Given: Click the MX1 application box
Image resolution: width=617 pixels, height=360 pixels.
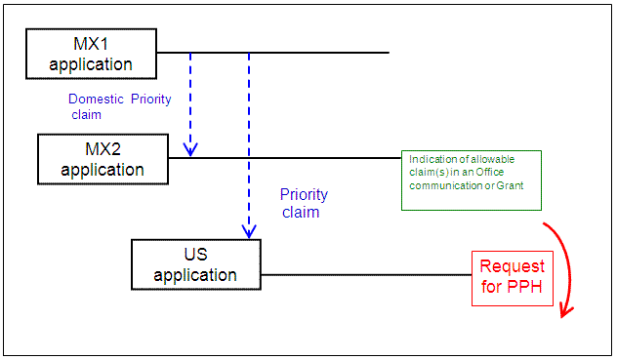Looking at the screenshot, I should click(x=91, y=54).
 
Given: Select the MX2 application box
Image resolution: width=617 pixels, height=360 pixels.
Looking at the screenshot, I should click(x=102, y=158).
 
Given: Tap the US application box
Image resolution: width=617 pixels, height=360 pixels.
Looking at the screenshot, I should click(x=196, y=263).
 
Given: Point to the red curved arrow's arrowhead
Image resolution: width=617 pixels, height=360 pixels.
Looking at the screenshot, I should click(x=565, y=310).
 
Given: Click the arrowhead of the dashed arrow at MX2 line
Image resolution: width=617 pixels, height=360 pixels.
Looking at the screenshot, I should click(x=190, y=149).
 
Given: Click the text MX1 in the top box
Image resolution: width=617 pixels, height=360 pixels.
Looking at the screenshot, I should click(x=91, y=44).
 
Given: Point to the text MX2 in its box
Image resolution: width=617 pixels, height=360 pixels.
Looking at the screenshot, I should click(x=102, y=149).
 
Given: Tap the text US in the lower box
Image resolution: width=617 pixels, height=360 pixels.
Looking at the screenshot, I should click(x=196, y=254).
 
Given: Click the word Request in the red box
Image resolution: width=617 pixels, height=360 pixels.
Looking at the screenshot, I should click(x=513, y=267).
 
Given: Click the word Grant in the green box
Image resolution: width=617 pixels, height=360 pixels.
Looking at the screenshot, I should click(x=522, y=202).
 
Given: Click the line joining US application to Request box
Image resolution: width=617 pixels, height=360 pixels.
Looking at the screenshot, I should click(x=366, y=274).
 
